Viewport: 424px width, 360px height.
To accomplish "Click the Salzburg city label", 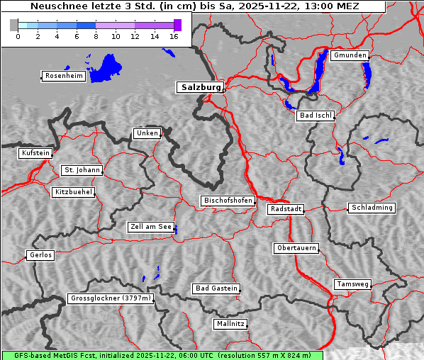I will point(200,87).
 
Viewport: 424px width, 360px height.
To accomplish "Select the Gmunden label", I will point(350,55).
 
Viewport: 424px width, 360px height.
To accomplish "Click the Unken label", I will point(146,133).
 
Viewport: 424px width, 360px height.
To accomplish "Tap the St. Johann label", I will point(82,170).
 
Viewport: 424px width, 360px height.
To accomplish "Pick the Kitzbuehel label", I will point(73,192).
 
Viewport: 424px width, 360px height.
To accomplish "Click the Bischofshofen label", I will point(228,201).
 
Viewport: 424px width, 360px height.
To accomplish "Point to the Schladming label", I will point(371,208).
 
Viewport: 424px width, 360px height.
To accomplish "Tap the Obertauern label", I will point(296,248).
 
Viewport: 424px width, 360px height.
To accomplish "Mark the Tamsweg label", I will point(352,284).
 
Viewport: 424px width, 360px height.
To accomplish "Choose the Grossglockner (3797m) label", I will point(111,299).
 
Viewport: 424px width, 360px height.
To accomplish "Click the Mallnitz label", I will point(230,324).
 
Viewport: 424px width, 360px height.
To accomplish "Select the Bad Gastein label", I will point(216,288).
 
